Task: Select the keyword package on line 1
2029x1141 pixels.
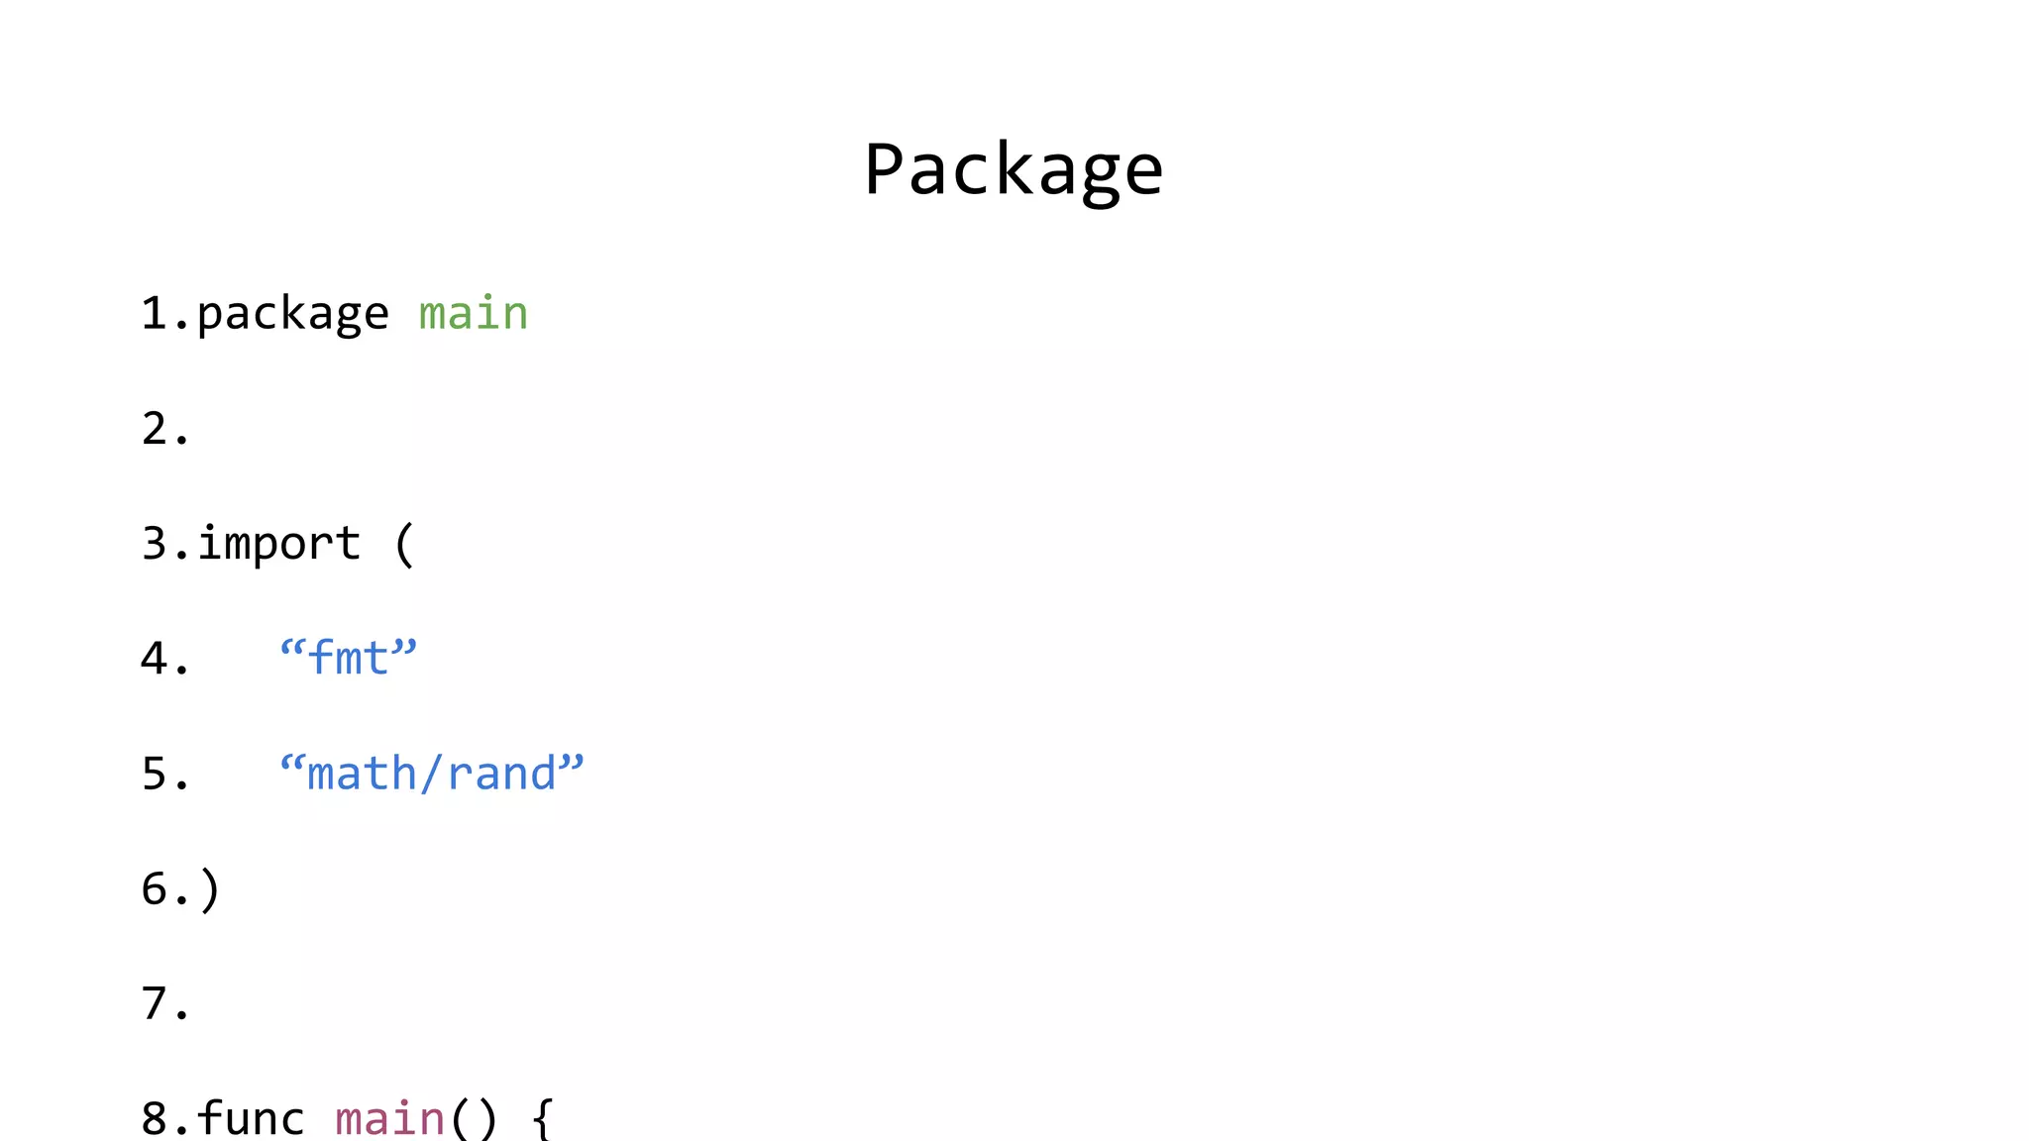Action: tap(292, 315)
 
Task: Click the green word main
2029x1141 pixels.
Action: tap(474, 314)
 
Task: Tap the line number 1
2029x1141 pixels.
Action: tap(154, 314)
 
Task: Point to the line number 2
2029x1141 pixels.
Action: tap(155, 429)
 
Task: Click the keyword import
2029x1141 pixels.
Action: tap(279, 544)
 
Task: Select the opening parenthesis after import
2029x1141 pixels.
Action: tap(403, 545)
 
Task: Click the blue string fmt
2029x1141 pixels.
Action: tap(349, 659)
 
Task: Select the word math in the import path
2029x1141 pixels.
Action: tap(362, 774)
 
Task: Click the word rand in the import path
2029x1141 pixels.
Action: tap(501, 774)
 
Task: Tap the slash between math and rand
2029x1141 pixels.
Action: tap(431, 774)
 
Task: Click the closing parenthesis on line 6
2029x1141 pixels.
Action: tap(209, 889)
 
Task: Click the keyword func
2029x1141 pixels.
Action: tap(251, 1118)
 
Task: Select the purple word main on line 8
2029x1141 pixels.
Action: tap(390, 1119)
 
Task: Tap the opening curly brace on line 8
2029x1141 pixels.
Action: tap(542, 1119)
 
